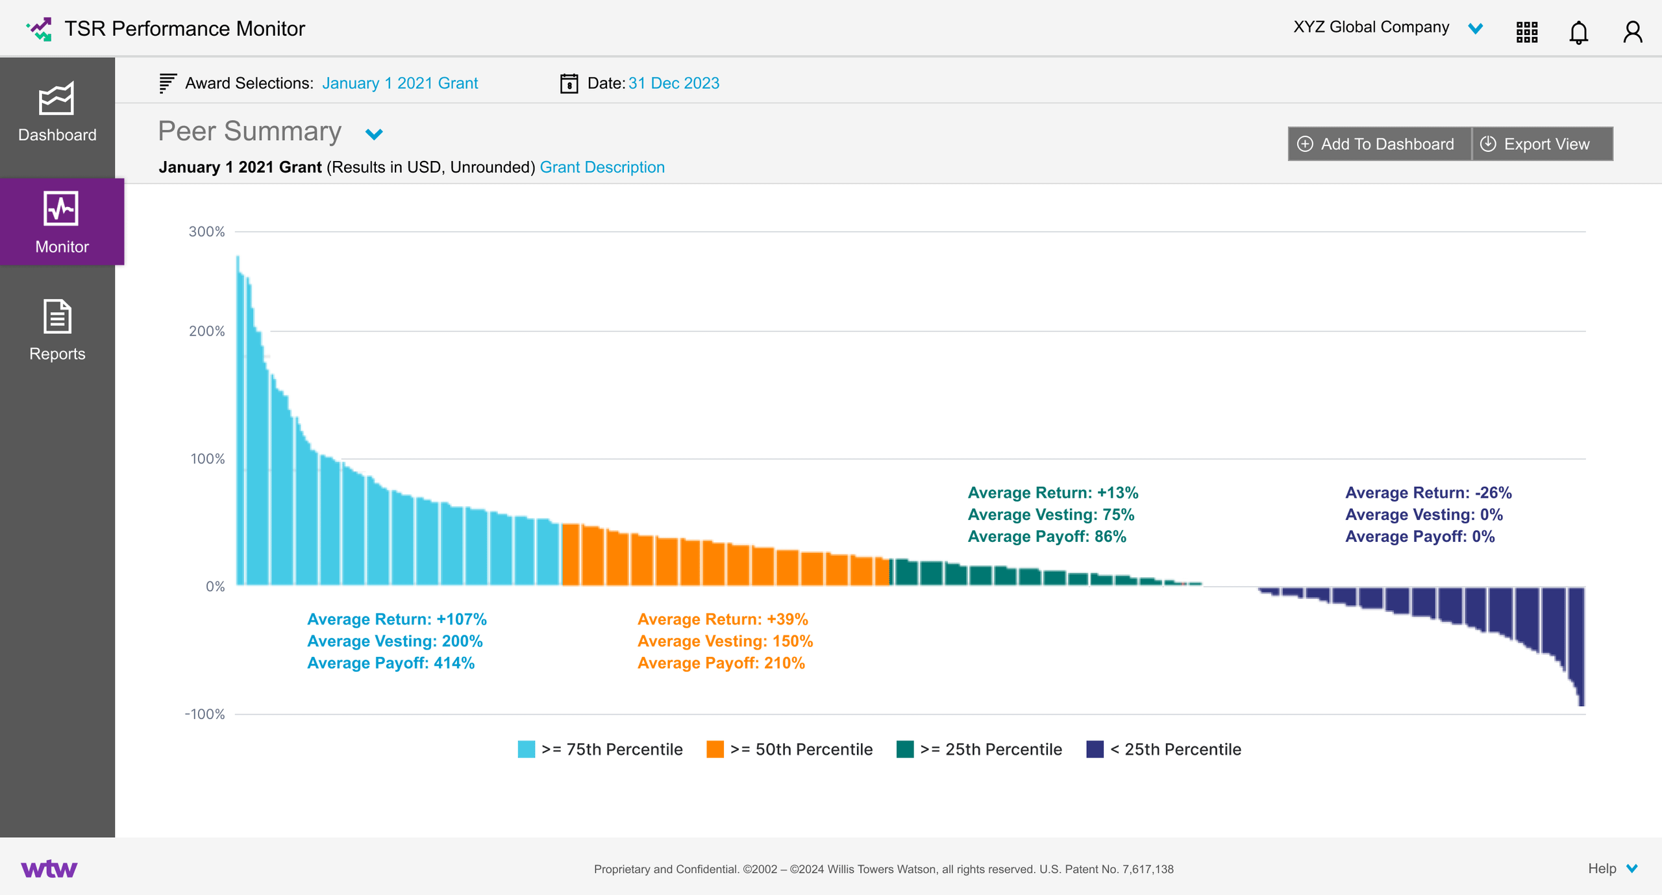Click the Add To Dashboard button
(1378, 144)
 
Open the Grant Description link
(602, 167)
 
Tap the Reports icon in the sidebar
(57, 317)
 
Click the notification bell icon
(1578, 32)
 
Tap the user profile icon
(1632, 32)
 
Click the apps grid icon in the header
(1526, 32)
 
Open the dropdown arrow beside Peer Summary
(374, 134)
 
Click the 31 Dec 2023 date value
(673, 84)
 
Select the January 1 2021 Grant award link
(400, 84)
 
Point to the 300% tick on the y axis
(206, 232)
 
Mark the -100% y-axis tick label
(205, 715)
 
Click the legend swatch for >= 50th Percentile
(715, 750)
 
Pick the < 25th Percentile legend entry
(1163, 750)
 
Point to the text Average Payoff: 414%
(391, 663)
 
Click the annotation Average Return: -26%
(1428, 493)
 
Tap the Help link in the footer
(1602, 868)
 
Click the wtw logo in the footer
(49, 868)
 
